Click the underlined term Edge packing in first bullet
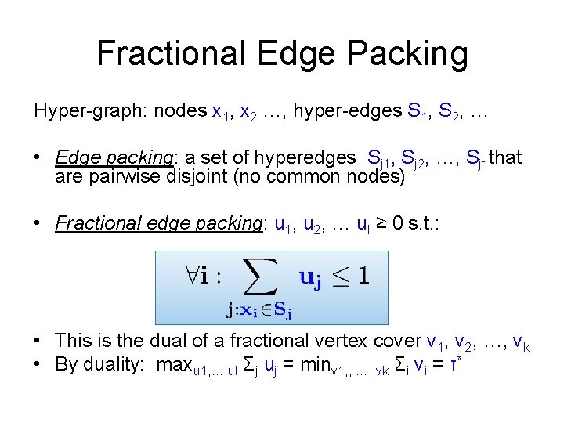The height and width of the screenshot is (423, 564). [x=114, y=158]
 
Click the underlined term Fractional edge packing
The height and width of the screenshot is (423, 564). [x=159, y=223]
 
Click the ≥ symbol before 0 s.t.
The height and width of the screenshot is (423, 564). [x=375, y=223]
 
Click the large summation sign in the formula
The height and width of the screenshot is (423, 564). [x=260, y=278]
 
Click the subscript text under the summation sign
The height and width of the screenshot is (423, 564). [x=259, y=312]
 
